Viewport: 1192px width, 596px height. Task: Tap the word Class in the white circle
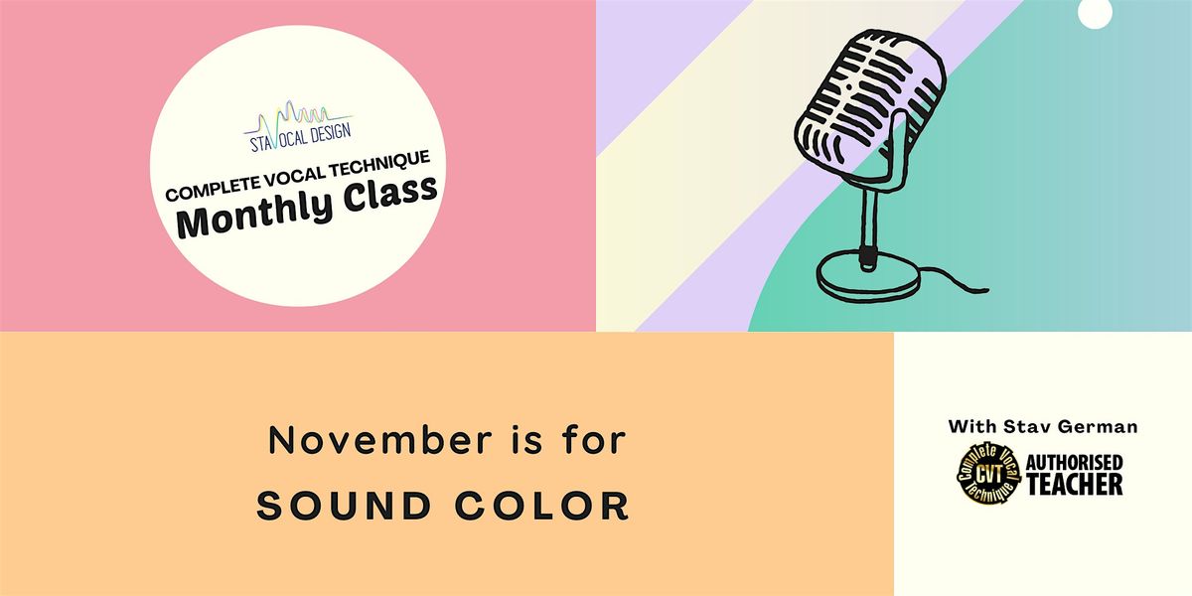[x=386, y=191]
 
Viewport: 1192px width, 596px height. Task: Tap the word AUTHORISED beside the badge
[x=1074, y=463]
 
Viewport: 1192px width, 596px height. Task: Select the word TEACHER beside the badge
[x=1074, y=484]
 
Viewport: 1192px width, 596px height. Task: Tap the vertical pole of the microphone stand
[x=869, y=215]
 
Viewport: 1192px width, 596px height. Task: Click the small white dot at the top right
[x=1094, y=11]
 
